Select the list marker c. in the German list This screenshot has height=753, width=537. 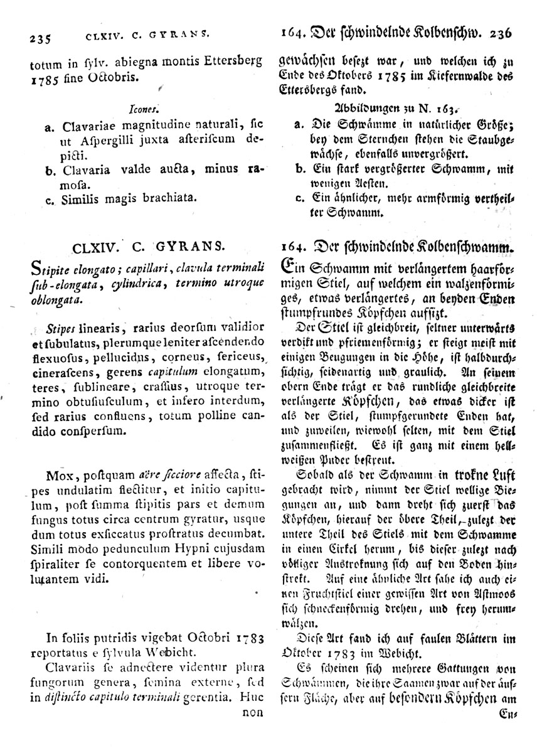click(299, 199)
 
